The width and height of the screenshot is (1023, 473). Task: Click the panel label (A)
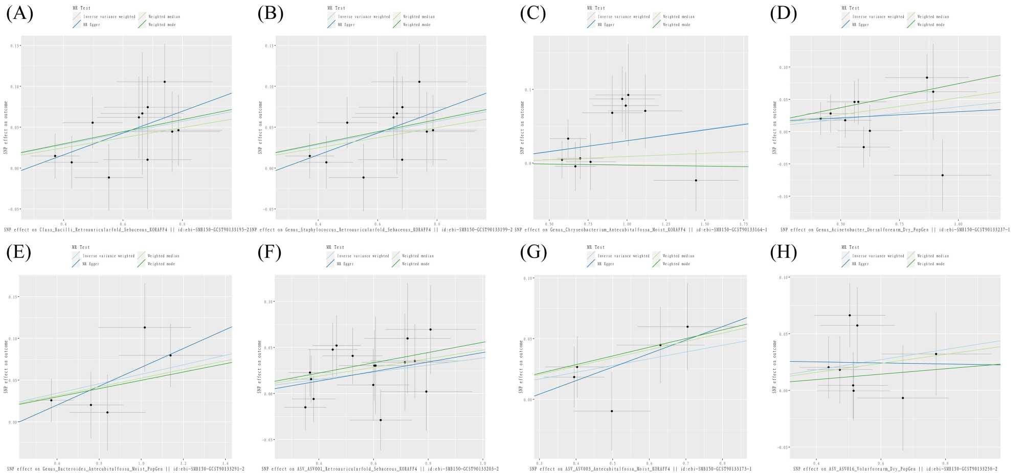[x=19, y=13]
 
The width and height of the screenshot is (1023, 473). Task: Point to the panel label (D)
[x=783, y=13]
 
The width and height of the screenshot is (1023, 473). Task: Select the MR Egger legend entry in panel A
[x=92, y=25]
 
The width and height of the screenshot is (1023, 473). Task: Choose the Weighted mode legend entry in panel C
[x=676, y=25]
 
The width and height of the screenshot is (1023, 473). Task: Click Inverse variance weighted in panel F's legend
[x=364, y=256]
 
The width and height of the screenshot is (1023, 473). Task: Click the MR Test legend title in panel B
[x=336, y=8]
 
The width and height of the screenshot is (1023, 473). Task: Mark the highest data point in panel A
[x=165, y=82]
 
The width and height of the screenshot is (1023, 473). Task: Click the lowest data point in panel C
[x=696, y=180]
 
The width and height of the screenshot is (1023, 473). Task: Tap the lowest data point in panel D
[x=942, y=175]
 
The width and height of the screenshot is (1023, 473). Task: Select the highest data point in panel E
[x=145, y=327]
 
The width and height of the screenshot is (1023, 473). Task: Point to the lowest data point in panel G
[x=612, y=411]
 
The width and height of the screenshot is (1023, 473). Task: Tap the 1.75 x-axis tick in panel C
[x=744, y=224]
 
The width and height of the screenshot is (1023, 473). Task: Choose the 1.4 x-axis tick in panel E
[x=226, y=463]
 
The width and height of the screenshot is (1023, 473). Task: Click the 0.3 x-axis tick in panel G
[x=540, y=463]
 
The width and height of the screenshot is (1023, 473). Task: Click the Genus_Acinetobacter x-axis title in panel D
[x=895, y=230]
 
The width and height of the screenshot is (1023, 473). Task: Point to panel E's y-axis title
[x=6, y=367]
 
